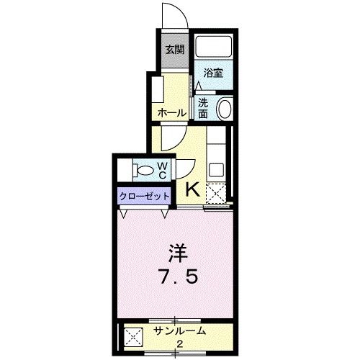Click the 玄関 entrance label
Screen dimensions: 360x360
174,50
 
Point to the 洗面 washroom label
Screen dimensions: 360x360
204,108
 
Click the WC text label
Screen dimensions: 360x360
163,171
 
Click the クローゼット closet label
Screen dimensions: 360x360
145,196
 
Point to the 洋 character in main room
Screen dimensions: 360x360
178,253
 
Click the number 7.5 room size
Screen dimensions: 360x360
178,277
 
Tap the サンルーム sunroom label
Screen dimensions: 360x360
180,331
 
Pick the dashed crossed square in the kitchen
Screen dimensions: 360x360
215,192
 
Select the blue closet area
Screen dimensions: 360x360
144,196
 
